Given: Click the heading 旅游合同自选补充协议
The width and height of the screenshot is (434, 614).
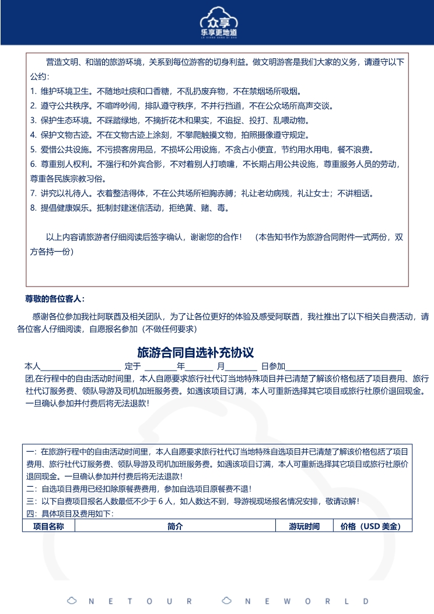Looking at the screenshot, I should pyautogui.click(x=195, y=353).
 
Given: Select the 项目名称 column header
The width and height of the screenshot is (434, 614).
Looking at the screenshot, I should pyautogui.click(x=48, y=526).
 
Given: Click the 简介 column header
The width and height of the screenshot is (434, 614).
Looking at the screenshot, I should pyautogui.click(x=175, y=526).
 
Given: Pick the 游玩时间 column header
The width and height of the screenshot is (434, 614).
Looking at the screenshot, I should pyautogui.click(x=304, y=526).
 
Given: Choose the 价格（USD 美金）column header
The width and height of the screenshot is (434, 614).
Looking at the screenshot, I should pyautogui.click(x=370, y=526).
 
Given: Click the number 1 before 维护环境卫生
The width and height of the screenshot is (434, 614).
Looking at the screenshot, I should pyautogui.click(x=33, y=91).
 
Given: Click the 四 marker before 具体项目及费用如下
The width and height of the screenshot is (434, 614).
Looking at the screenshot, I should pyautogui.click(x=30, y=514).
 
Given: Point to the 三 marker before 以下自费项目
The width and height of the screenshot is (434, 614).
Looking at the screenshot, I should pyautogui.click(x=30, y=501).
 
